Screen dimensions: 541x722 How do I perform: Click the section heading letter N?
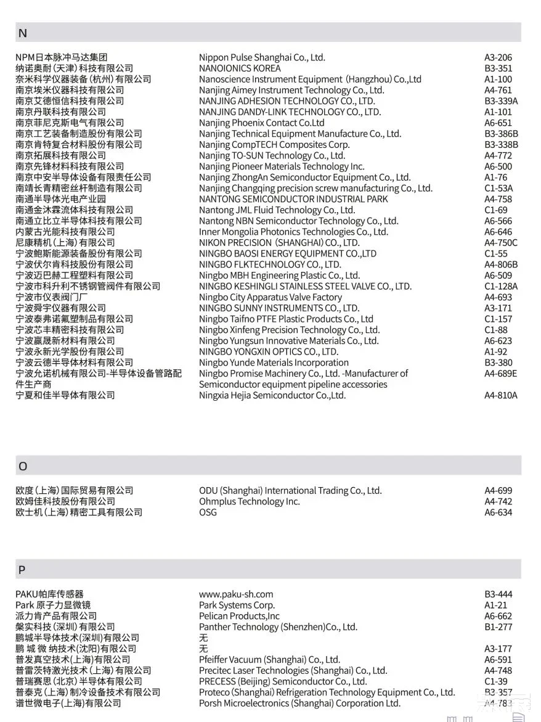click(23, 33)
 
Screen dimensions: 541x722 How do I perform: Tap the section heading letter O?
click(23, 467)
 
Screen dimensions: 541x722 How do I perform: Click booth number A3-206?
click(498, 57)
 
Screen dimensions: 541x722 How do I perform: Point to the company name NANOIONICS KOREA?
click(240, 68)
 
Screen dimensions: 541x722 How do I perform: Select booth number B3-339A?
click(501, 101)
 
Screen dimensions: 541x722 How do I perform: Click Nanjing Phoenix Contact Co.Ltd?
click(261, 123)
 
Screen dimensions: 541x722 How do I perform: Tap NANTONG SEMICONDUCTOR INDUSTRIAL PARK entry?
click(293, 199)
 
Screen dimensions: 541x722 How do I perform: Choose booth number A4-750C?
click(501, 243)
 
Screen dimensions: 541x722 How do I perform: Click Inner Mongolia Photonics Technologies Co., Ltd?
click(293, 232)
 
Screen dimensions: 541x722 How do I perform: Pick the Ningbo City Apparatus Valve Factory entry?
click(270, 297)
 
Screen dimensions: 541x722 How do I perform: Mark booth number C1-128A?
click(501, 286)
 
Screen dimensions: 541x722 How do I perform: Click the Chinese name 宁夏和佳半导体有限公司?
click(65, 395)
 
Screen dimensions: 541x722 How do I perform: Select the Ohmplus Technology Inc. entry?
click(249, 502)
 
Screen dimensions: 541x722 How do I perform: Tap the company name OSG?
click(208, 512)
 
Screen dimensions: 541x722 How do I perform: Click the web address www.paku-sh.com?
click(236, 594)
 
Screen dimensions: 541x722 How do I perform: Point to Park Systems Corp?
click(237, 605)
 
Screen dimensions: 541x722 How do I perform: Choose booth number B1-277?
click(498, 627)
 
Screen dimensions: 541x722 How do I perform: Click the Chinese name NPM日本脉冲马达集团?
click(62, 57)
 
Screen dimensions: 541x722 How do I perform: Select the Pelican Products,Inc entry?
click(239, 616)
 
